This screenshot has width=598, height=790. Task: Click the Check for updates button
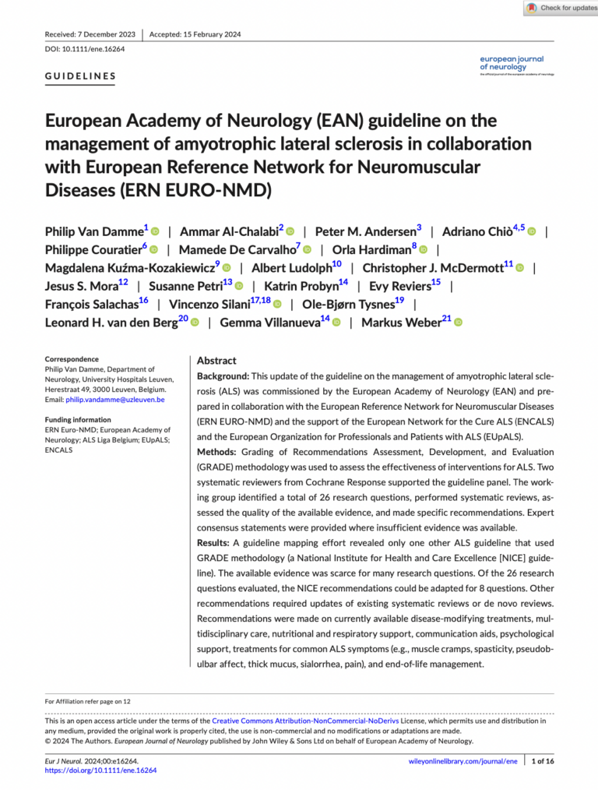[x=561, y=8]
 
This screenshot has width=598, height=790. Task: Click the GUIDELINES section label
[x=81, y=76]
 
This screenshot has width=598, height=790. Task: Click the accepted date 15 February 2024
[x=195, y=34]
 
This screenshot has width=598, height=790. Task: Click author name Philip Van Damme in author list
[x=94, y=231]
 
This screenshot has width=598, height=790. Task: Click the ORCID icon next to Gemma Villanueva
[x=336, y=323]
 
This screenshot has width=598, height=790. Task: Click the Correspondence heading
[x=72, y=359]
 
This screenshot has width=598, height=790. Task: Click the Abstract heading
[x=216, y=361]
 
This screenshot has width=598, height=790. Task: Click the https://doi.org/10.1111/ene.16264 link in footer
[x=100, y=770]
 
